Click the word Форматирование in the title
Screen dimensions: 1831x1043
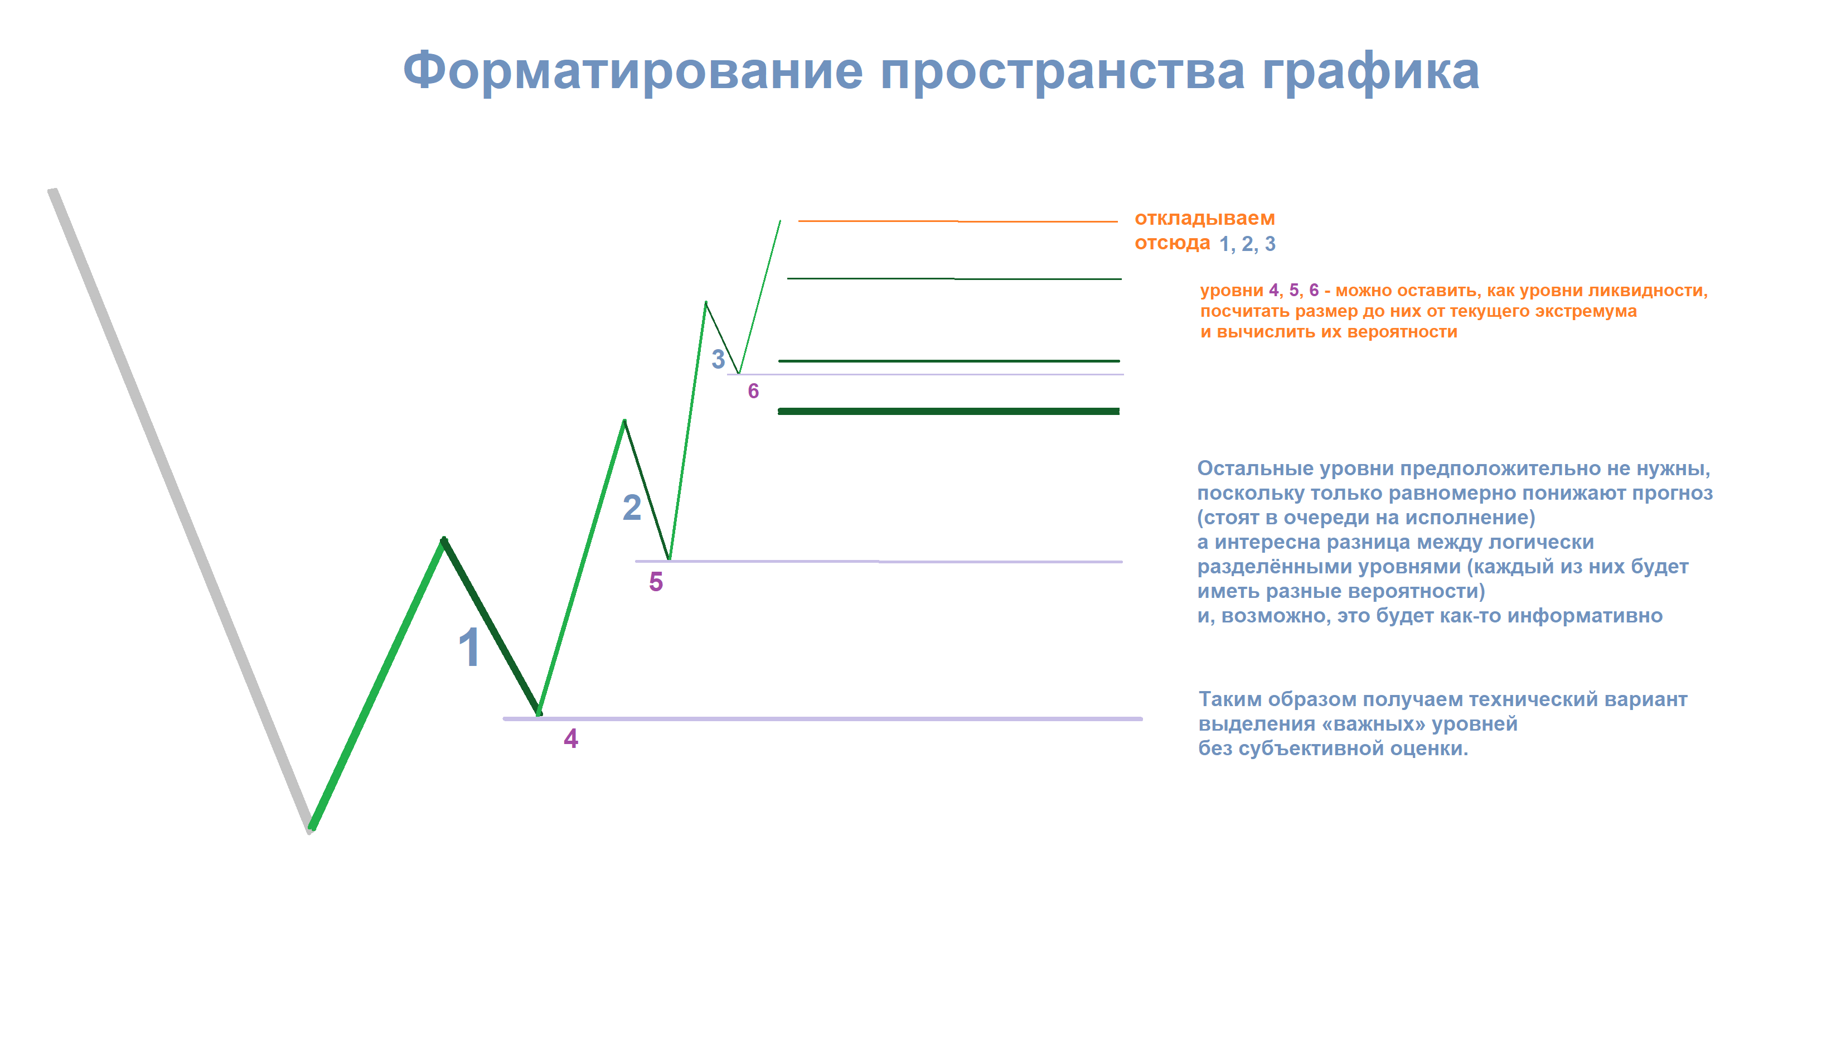[x=633, y=71]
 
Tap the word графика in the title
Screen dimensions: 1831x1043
[x=1370, y=71]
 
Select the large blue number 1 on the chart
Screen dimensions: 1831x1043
[x=469, y=647]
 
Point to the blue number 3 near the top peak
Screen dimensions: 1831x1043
[x=718, y=359]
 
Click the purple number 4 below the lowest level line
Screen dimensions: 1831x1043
[x=571, y=738]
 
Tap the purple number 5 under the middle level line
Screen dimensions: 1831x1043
[x=656, y=582]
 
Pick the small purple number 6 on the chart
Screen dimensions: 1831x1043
[x=753, y=390]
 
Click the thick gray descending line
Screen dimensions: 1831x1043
[x=181, y=511]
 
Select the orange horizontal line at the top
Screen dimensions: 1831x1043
[x=958, y=221]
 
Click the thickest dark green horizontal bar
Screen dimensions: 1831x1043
[x=949, y=411]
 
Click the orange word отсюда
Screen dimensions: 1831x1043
[x=1172, y=243]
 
